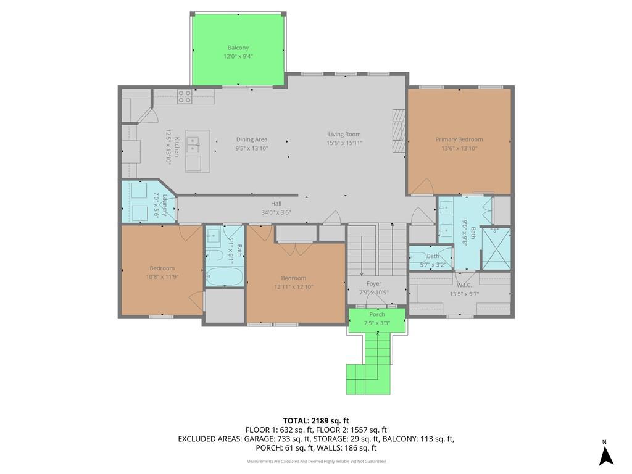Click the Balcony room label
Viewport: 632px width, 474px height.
pyautogui.click(x=238, y=48)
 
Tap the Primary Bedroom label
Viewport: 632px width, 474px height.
pyautogui.click(x=459, y=139)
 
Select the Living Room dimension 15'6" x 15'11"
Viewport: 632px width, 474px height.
pyautogui.click(x=344, y=143)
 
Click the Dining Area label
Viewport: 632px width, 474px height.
pyautogui.click(x=252, y=139)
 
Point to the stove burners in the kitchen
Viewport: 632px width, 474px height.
pyautogui.click(x=185, y=97)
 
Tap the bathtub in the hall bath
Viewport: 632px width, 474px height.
pyautogui.click(x=224, y=276)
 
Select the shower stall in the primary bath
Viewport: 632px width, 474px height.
pyautogui.click(x=497, y=248)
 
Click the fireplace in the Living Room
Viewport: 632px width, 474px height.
pyautogui.click(x=399, y=131)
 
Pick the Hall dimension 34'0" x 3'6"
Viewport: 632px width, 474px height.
pyautogui.click(x=276, y=212)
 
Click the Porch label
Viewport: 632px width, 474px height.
pyautogui.click(x=377, y=314)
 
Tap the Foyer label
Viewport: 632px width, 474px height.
pyautogui.click(x=374, y=284)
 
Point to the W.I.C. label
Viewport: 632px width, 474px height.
pyautogui.click(x=464, y=285)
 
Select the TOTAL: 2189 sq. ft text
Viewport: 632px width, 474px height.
pyautogui.click(x=316, y=421)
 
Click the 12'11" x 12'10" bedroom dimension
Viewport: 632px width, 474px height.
pyautogui.click(x=293, y=287)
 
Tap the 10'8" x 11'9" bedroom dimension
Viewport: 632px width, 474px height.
pyautogui.click(x=162, y=277)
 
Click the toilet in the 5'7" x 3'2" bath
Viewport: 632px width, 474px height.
pyautogui.click(x=419, y=257)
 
